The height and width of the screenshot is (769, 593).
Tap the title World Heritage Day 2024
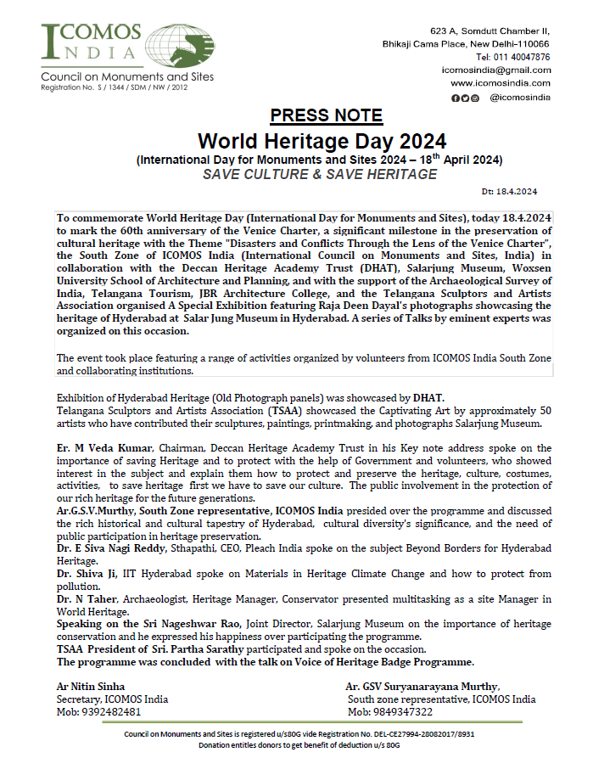[322, 140]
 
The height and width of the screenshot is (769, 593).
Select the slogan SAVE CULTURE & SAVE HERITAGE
[320, 175]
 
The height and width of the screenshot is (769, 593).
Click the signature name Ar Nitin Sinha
[90, 687]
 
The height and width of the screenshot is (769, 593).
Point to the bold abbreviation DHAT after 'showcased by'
[428, 396]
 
